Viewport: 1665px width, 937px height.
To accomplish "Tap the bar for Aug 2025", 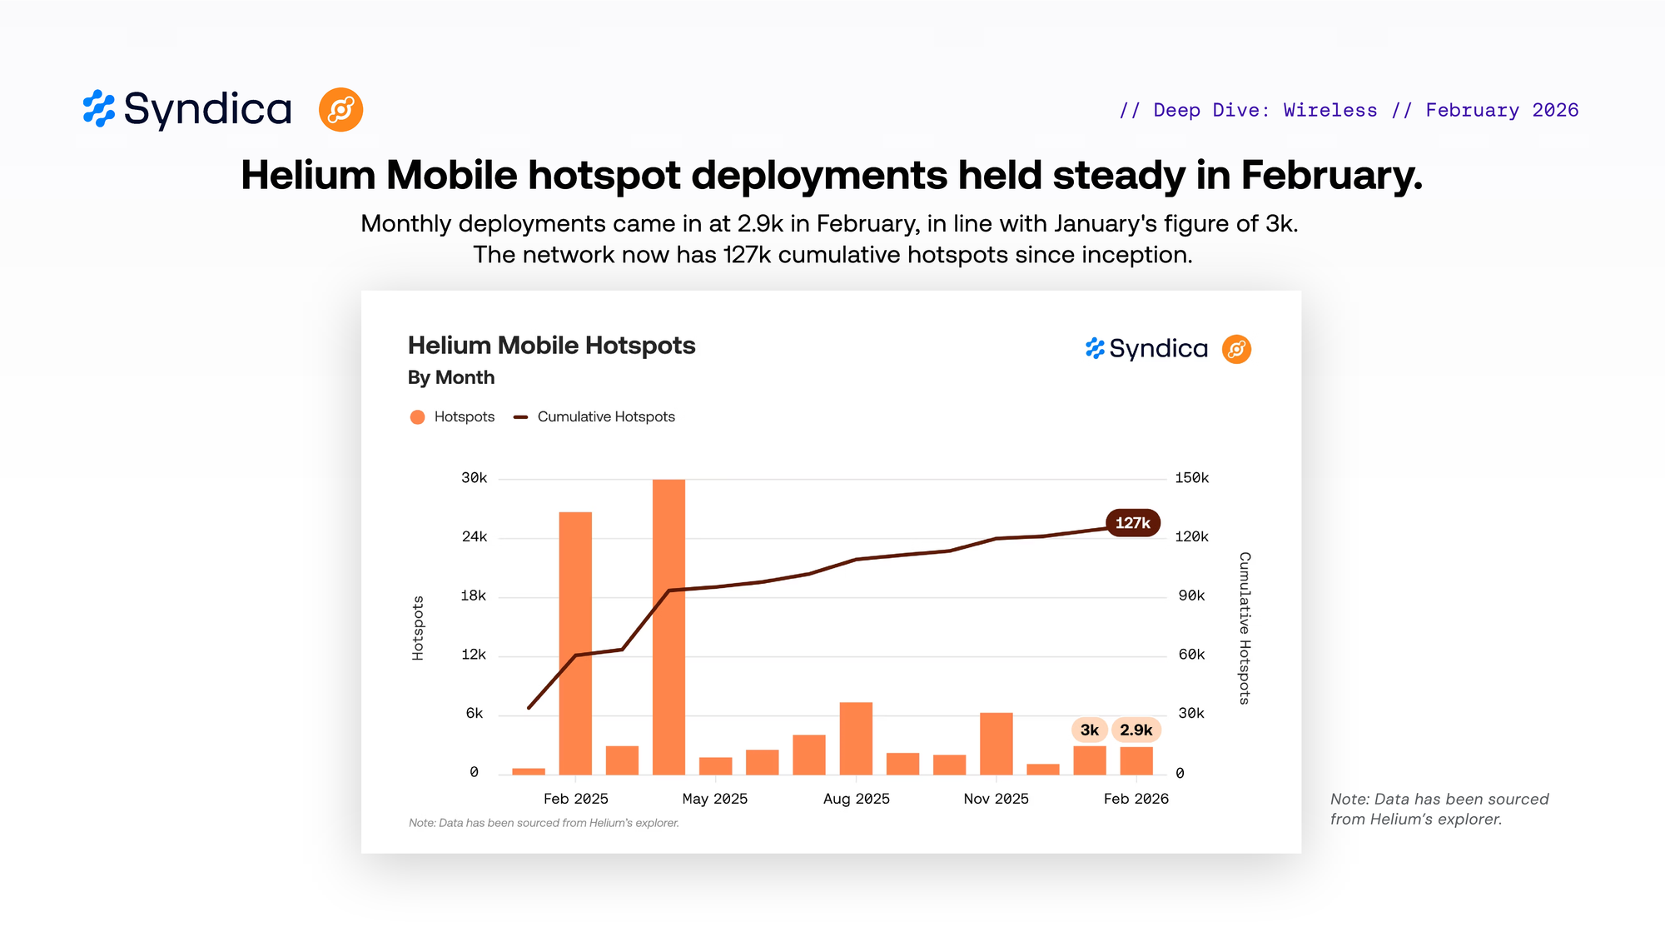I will coord(856,738).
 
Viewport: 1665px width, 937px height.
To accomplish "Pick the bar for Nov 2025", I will coord(996,743).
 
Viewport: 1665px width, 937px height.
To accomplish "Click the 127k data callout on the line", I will coord(1132,523).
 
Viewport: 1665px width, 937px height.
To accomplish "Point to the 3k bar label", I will coord(1089,730).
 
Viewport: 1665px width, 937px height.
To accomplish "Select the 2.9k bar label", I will coord(1136,730).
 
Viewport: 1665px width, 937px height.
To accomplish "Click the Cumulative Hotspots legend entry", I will coord(605,416).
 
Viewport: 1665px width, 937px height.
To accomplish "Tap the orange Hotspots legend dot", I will coord(418,416).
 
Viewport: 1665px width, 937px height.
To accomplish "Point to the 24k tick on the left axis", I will coord(475,536).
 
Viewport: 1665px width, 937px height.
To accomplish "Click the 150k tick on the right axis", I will coord(1191,478).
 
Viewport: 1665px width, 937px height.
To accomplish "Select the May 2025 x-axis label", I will coord(714,799).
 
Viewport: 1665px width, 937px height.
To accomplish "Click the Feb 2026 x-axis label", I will coord(1136,799).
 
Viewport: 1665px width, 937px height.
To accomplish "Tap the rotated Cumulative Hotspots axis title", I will coord(1245,628).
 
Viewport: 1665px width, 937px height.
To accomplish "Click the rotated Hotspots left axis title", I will coord(418,628).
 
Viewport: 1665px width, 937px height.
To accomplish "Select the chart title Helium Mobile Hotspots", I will coord(551,346).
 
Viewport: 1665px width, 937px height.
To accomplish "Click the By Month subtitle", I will coord(451,377).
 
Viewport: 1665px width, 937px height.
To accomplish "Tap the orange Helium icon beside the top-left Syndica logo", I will coord(340,110).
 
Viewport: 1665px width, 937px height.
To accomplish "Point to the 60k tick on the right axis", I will coord(1191,655).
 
